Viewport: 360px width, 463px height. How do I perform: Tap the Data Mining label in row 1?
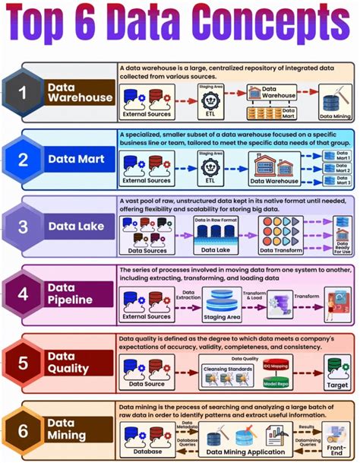[333, 117]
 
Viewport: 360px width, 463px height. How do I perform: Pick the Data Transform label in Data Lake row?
[273, 249]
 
